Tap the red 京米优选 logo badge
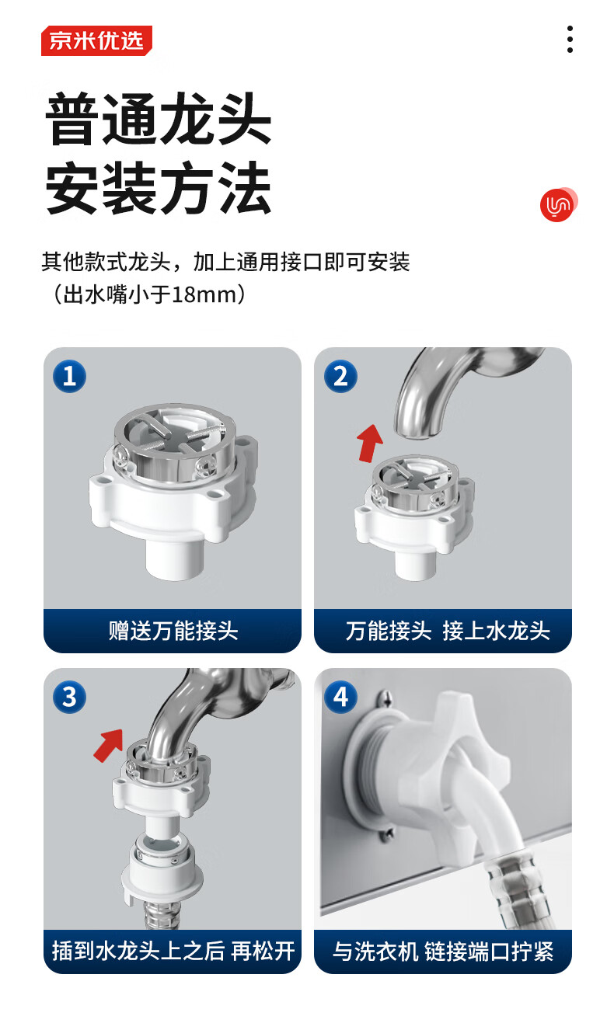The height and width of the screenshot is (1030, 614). point(96,40)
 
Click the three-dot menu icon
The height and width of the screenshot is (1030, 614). point(570,39)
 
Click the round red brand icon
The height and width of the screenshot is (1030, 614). point(558,204)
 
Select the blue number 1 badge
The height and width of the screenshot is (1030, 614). point(69,376)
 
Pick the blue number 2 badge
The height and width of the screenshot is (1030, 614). point(340,376)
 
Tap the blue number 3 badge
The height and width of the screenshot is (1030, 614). point(69,697)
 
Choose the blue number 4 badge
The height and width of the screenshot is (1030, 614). point(340,697)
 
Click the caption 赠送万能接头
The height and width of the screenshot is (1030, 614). point(173,631)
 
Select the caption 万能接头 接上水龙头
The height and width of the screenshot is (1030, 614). point(448,631)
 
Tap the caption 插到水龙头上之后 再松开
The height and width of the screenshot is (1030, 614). point(173,951)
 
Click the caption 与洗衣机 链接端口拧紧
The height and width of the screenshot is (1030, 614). point(443,951)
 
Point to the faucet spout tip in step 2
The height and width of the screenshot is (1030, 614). point(417,431)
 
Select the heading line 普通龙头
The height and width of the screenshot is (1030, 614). point(159,119)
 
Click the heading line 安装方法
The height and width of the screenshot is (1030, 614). point(159,188)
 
